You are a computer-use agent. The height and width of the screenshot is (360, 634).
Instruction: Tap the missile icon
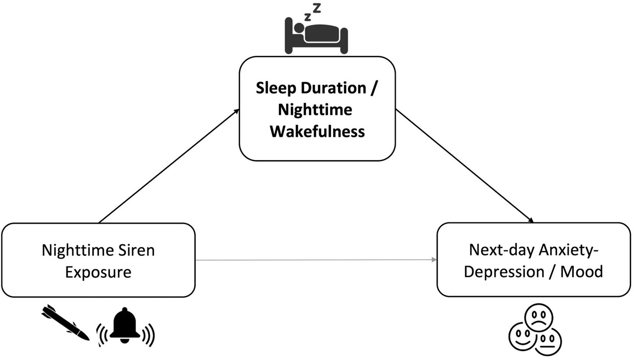coord(66,322)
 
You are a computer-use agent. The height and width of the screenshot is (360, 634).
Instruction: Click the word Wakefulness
coord(317,132)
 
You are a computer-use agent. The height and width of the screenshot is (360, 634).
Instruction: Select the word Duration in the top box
coord(334,88)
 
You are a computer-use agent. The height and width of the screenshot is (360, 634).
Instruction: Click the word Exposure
coord(98,272)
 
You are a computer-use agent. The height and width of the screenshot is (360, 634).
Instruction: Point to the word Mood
coord(582,272)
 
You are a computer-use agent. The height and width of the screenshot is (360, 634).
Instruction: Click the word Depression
coord(504,272)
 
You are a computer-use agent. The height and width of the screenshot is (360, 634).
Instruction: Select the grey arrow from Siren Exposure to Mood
coord(316,260)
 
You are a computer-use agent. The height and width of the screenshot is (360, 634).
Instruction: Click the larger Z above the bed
coord(317,8)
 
